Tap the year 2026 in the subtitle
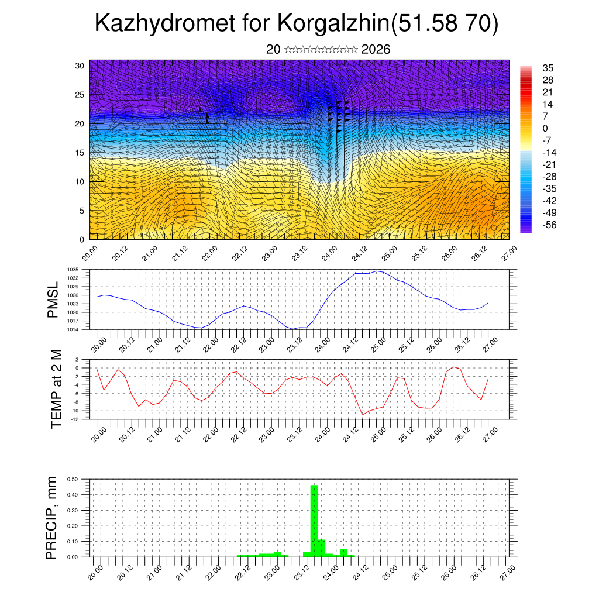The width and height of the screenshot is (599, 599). tap(376, 50)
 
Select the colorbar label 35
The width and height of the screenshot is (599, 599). tap(548, 68)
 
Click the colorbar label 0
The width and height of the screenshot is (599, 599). tap(545, 128)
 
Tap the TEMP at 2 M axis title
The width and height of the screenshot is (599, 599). tap(56, 388)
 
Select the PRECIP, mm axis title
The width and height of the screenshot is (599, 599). tap(53, 518)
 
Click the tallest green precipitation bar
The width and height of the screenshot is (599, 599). tap(314, 521)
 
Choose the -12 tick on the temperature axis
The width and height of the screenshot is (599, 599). tap(75, 419)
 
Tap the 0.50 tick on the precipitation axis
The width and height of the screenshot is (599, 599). tap(73, 479)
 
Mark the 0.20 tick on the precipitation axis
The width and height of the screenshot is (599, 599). tap(73, 526)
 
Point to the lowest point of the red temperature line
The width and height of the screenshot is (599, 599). tap(363, 415)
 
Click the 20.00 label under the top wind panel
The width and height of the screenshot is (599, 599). tap(90, 254)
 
